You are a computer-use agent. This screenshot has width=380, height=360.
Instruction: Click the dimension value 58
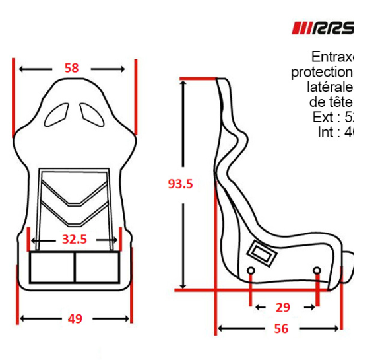coord(71,68)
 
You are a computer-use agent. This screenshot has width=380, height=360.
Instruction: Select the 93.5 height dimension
coord(179,184)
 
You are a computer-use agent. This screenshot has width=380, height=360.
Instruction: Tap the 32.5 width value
coord(74,240)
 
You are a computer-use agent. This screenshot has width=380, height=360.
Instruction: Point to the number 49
coord(75,318)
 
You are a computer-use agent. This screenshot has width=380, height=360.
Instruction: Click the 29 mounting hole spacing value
coord(283,307)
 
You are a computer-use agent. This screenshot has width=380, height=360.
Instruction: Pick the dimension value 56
coord(281,328)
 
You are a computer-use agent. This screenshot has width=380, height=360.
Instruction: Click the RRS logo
coord(323,28)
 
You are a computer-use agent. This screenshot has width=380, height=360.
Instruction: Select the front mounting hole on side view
coord(317,271)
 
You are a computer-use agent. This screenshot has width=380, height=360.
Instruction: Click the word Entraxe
coord(333,57)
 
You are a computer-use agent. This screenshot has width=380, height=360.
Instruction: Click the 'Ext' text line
coord(334,117)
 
